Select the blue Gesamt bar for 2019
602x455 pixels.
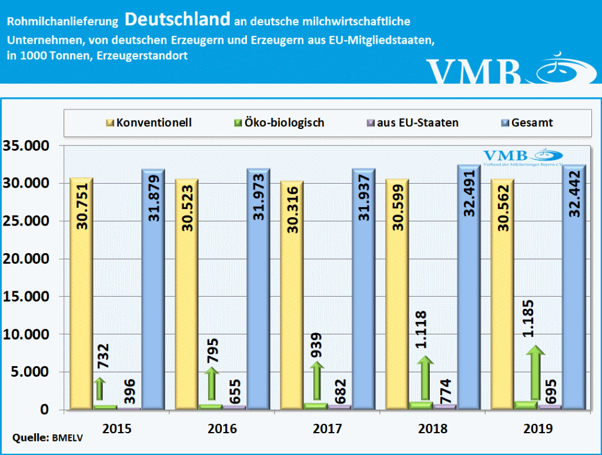(575, 288)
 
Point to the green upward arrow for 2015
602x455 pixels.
(100, 389)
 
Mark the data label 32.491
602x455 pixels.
(470, 194)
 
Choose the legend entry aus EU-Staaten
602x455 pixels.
(412, 123)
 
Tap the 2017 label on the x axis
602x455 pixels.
(327, 428)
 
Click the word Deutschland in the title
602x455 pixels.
(177, 19)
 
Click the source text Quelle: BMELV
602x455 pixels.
(39, 438)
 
